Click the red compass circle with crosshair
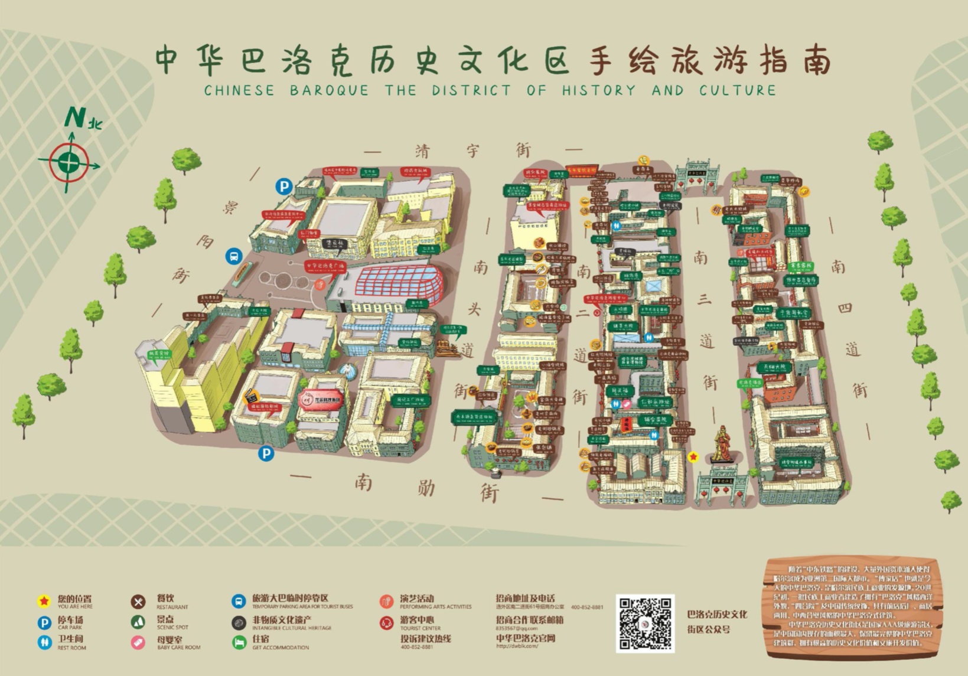[x=69, y=162]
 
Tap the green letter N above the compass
[x=75, y=117]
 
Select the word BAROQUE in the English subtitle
[x=329, y=90]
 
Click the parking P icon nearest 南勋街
[x=266, y=453]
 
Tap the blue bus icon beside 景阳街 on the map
[x=234, y=257]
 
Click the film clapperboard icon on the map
[x=252, y=397]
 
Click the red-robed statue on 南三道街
[x=721, y=444]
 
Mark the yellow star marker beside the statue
[x=693, y=456]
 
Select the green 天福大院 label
[x=774, y=367]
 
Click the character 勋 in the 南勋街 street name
[x=426, y=488]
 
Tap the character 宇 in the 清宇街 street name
[x=472, y=151]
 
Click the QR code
[x=645, y=623]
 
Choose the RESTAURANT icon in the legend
[x=138, y=602]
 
